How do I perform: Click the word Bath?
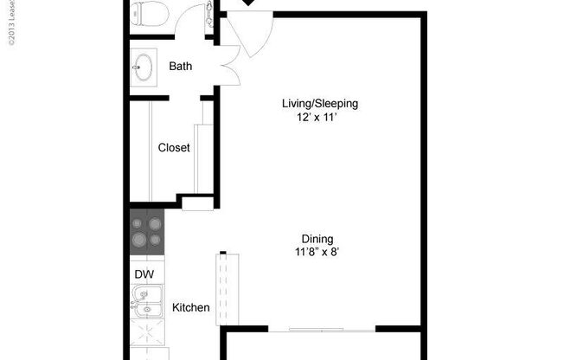[x=181, y=66]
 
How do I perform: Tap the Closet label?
[x=174, y=148]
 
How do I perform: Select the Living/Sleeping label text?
[x=319, y=104]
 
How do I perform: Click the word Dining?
[x=317, y=239]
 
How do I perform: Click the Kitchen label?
[x=190, y=307]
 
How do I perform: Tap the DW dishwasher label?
[x=143, y=274]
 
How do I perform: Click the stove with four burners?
[x=145, y=232]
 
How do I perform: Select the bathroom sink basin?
[x=144, y=66]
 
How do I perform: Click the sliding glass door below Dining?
[x=333, y=329]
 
